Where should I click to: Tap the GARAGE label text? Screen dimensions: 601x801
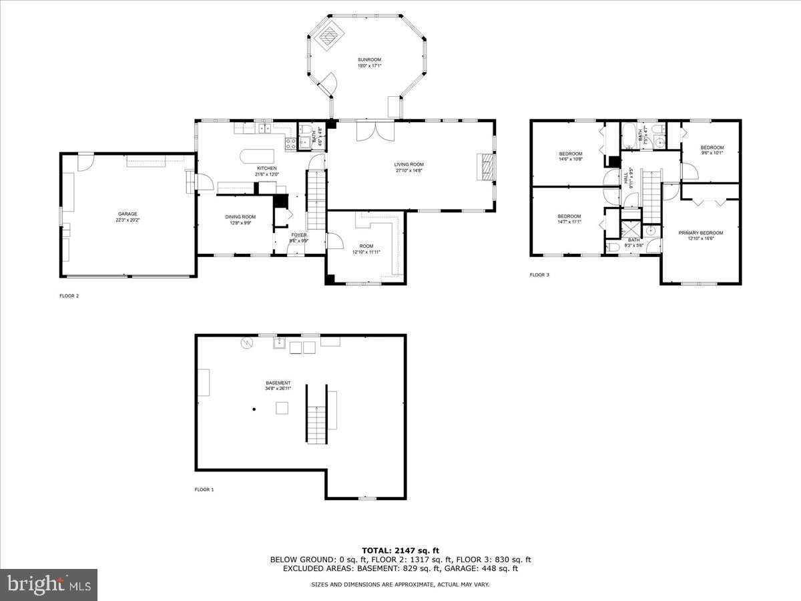pyautogui.click(x=127, y=214)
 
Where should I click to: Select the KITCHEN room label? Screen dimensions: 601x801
pyautogui.click(x=266, y=168)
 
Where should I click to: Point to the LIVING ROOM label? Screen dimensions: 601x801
pyautogui.click(x=409, y=164)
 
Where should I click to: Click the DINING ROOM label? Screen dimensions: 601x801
pyautogui.click(x=240, y=216)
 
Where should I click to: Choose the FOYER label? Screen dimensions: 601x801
pyautogui.click(x=298, y=235)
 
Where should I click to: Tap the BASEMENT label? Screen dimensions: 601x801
pyautogui.click(x=278, y=383)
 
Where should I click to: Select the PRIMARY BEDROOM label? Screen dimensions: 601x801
pyautogui.click(x=700, y=233)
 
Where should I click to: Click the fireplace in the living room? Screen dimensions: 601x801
pyautogui.click(x=485, y=166)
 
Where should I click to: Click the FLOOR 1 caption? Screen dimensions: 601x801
pyautogui.click(x=204, y=489)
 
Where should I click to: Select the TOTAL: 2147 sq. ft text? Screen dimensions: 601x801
pyautogui.click(x=400, y=550)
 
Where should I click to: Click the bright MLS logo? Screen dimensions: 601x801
pyautogui.click(x=49, y=584)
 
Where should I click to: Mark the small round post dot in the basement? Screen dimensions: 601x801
pyautogui.click(x=254, y=409)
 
